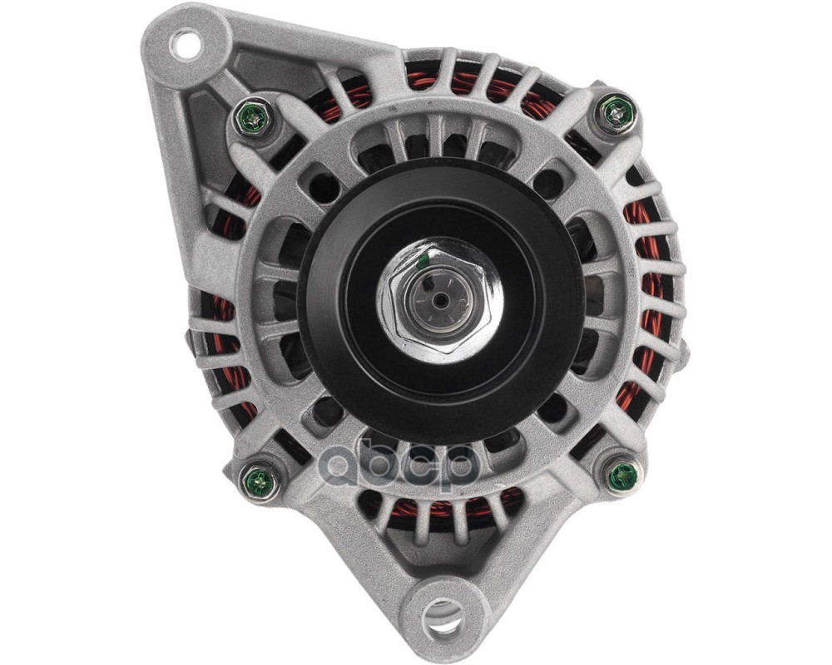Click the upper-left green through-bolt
point(254,117)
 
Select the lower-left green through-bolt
point(259,480)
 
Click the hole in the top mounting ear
point(186,45)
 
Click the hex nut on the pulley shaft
point(440,300)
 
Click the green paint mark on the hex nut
point(423,260)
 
